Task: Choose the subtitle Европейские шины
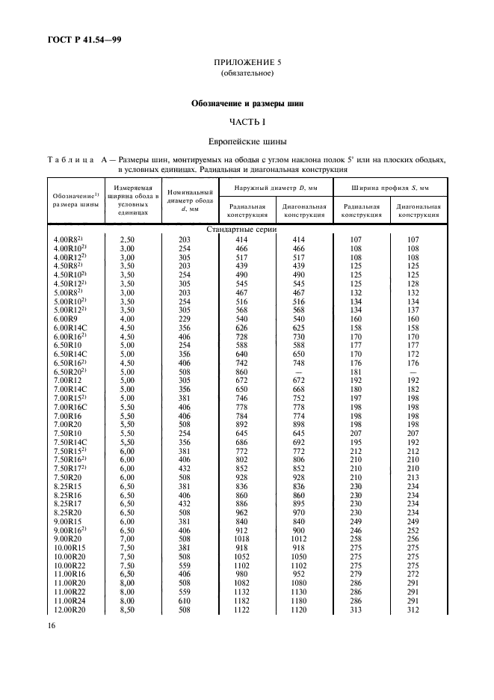(x=247, y=140)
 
